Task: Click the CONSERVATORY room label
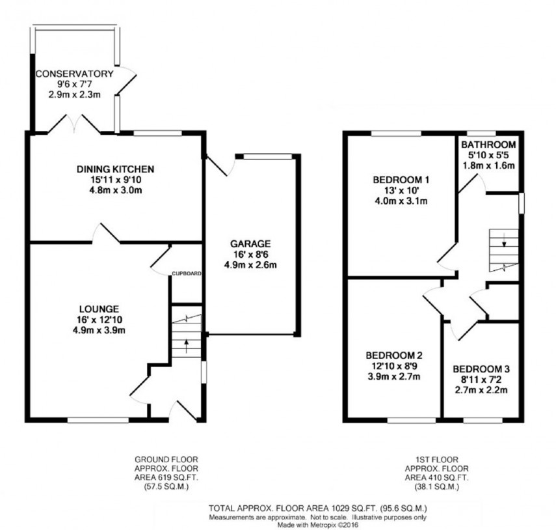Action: click(74, 74)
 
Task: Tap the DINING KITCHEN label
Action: click(115, 169)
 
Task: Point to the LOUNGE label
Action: click(99, 308)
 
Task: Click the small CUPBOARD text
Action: click(187, 273)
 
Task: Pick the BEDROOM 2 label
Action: click(394, 356)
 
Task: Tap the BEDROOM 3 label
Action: click(482, 369)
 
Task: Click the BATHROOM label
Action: click(488, 145)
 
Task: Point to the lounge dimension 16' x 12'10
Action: click(99, 319)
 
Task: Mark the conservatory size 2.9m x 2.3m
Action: click(74, 94)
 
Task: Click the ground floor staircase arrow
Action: click(187, 343)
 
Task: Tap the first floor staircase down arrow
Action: click(504, 244)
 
